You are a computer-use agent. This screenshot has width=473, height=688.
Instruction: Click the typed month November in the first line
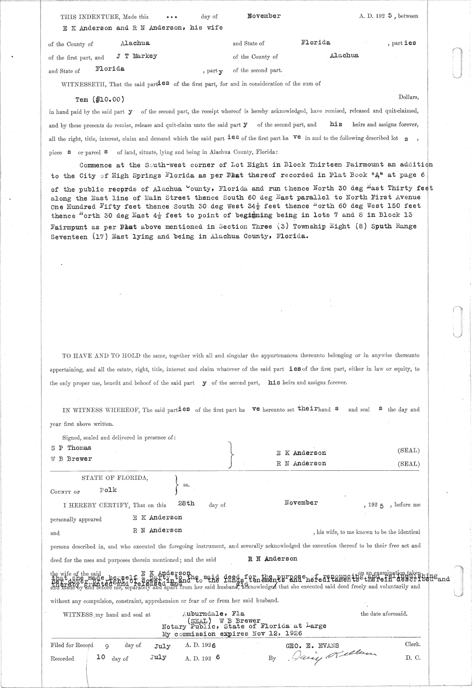click(x=264, y=16)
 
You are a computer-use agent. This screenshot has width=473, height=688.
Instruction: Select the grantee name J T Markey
click(x=137, y=56)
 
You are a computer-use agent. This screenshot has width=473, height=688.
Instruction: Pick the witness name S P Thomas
click(x=71, y=448)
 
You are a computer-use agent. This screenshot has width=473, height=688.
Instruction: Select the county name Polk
click(x=108, y=490)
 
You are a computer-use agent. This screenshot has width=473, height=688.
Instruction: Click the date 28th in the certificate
click(x=186, y=504)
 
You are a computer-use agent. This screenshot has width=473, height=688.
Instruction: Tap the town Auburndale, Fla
click(x=213, y=613)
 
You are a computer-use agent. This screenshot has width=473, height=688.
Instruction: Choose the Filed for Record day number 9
click(x=106, y=647)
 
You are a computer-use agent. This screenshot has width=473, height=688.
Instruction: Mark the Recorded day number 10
click(x=101, y=657)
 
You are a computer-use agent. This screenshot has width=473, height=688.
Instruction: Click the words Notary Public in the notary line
click(x=184, y=626)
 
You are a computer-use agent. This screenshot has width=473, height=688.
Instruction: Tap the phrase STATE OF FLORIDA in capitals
click(x=115, y=478)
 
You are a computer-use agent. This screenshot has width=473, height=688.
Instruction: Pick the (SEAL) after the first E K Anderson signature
click(x=408, y=450)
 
